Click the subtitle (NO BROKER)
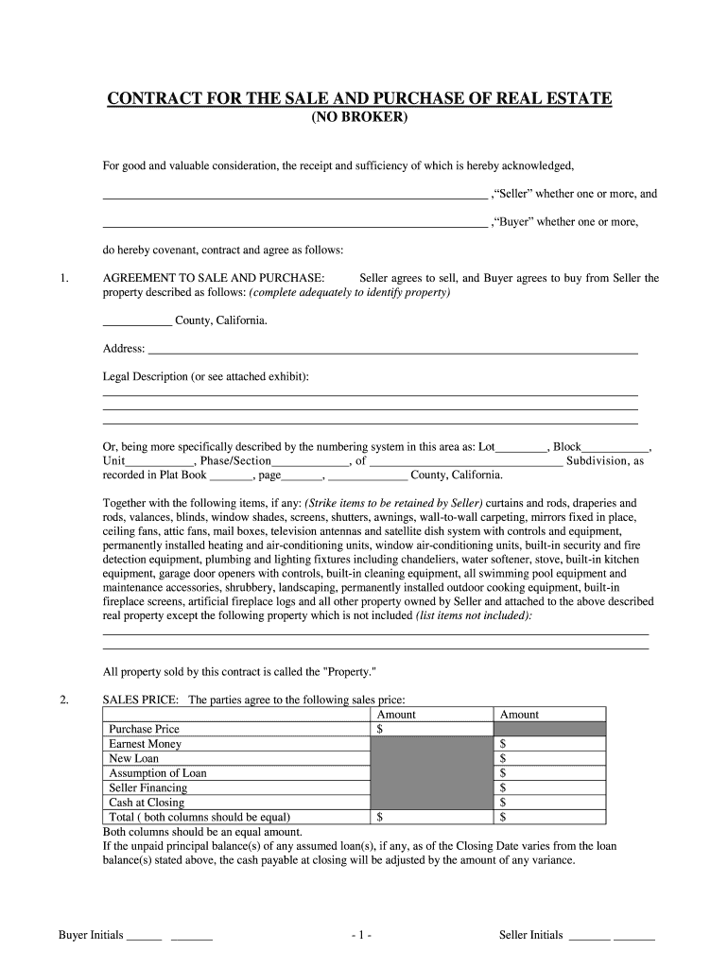point(359,118)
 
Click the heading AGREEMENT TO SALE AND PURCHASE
point(214,279)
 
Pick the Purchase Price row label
point(144,730)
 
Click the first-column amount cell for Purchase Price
point(431,730)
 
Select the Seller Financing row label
point(147,787)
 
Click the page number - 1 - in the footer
point(361,936)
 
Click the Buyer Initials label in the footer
point(91,936)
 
